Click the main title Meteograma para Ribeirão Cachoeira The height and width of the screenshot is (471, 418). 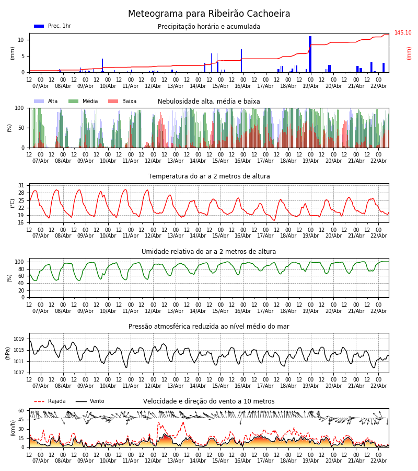tap(209, 14)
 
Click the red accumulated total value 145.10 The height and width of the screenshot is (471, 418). tap(403, 33)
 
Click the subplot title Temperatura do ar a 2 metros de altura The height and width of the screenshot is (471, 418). tap(209, 176)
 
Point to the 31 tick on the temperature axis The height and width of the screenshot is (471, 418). tap(21, 186)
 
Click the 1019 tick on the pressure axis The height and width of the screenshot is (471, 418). tap(19, 339)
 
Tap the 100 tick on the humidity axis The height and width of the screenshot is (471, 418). tap(19, 262)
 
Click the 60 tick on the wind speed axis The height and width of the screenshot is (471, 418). tap(21, 411)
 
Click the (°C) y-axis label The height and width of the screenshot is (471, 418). tap(13, 203)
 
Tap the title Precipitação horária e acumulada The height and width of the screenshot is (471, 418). tap(209, 27)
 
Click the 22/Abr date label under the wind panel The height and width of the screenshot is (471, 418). tap(378, 461)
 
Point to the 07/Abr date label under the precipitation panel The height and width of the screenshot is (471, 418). tap(41, 86)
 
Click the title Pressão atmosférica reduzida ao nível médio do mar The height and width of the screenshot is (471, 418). tap(209, 327)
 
